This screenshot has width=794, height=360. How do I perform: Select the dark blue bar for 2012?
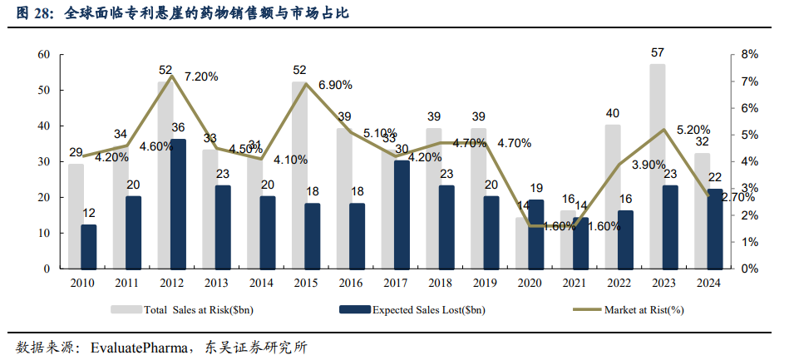tap(178, 204)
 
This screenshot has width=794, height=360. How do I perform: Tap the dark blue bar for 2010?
tap(89, 246)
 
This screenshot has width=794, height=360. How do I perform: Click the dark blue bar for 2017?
tap(402, 215)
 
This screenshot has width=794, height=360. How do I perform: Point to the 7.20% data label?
tap(200, 76)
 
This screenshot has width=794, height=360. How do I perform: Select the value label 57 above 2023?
tap(657, 53)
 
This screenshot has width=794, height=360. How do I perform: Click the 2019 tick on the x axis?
tap(485, 283)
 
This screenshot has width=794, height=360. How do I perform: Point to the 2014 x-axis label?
tap(261, 283)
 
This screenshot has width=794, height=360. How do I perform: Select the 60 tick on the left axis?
tap(44, 55)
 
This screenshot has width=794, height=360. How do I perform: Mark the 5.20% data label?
tap(693, 130)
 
